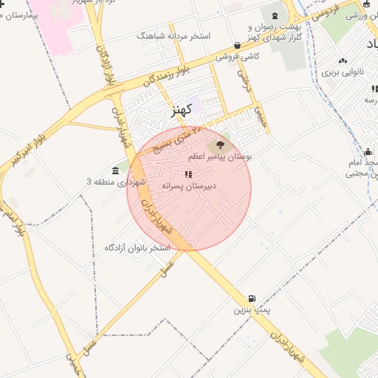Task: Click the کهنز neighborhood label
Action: point(181,110)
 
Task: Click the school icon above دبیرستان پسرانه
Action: point(188,175)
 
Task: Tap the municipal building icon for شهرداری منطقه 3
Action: point(116,171)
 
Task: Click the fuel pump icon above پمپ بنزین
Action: point(252,300)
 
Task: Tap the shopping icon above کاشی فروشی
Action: point(236,45)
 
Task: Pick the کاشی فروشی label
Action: point(236,56)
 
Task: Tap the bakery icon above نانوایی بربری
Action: point(342,61)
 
